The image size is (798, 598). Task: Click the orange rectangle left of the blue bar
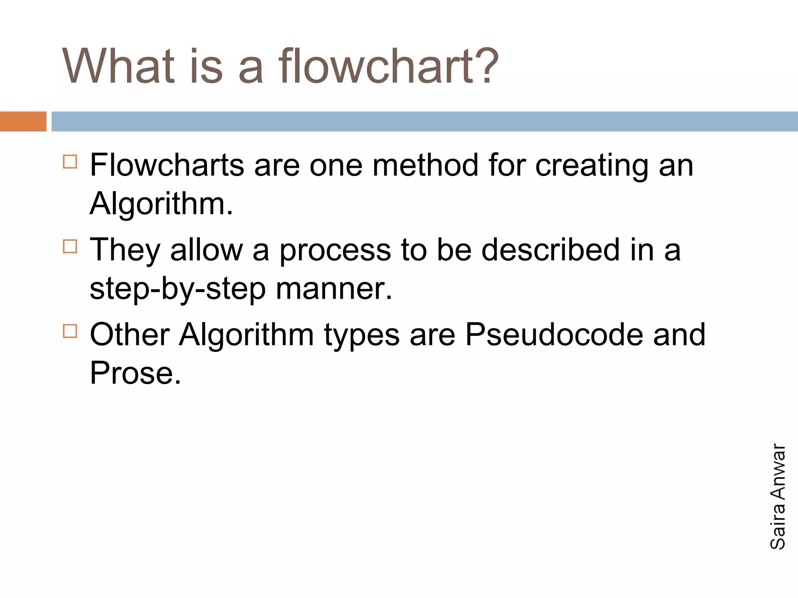pyautogui.click(x=23, y=121)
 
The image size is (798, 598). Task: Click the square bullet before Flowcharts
pyautogui.click(x=70, y=161)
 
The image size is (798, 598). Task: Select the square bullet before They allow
pyautogui.click(x=70, y=246)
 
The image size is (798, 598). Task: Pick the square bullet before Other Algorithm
pyautogui.click(x=70, y=331)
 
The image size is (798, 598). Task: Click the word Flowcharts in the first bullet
pyautogui.click(x=167, y=165)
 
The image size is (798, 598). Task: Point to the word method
pyautogui.click(x=425, y=165)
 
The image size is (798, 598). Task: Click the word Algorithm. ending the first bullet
pyautogui.click(x=161, y=204)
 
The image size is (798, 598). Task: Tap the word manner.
pyautogui.click(x=334, y=289)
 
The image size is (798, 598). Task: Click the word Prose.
pyautogui.click(x=135, y=373)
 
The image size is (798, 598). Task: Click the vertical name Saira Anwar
pyautogui.click(x=778, y=496)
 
